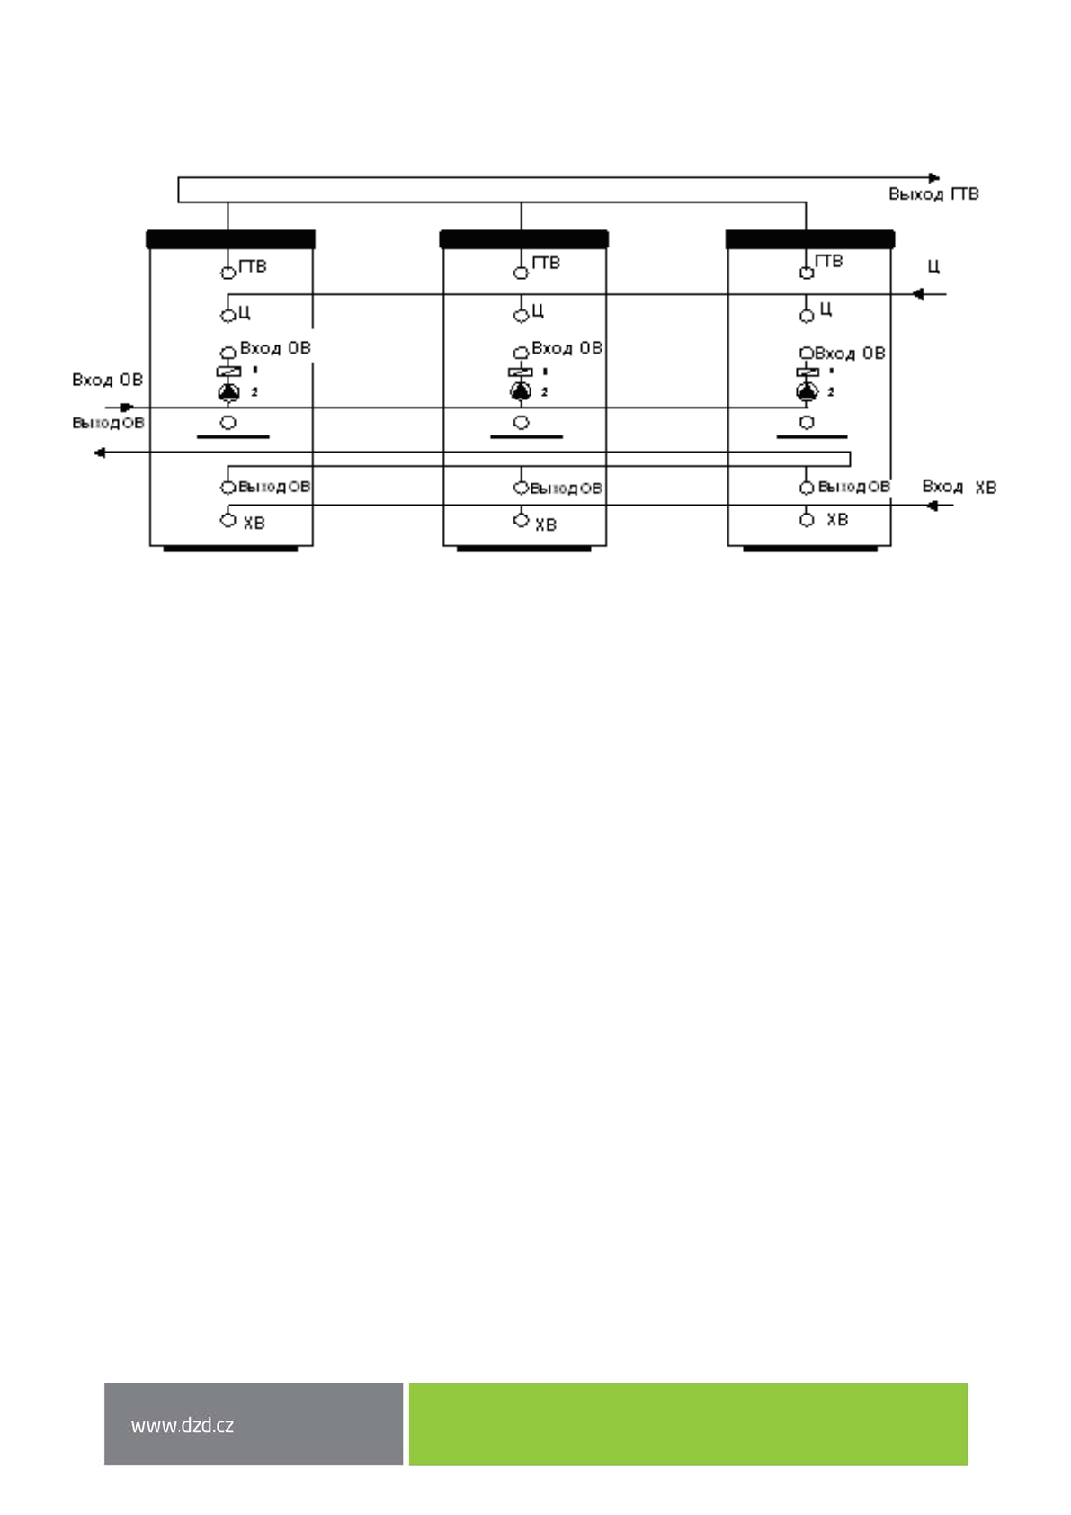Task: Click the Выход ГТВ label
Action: click(933, 194)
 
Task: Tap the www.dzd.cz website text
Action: click(182, 1425)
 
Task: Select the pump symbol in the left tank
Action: click(228, 391)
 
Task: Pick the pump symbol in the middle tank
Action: click(521, 391)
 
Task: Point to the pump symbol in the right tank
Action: click(807, 391)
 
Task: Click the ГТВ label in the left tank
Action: click(253, 266)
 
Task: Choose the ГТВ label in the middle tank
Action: click(545, 263)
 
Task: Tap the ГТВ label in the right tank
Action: click(828, 261)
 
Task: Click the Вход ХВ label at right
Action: click(959, 487)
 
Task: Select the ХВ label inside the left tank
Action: click(254, 523)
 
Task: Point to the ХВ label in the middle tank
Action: click(545, 524)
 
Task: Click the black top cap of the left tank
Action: click(230, 239)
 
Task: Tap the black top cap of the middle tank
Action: click(523, 239)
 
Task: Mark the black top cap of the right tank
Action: click(809, 239)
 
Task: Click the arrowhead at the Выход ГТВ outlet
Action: click(934, 178)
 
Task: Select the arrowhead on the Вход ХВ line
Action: click(933, 506)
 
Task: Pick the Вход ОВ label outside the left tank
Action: click(107, 380)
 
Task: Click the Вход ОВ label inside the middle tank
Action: click(567, 348)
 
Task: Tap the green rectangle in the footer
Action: click(688, 1423)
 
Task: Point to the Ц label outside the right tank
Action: click(933, 267)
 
